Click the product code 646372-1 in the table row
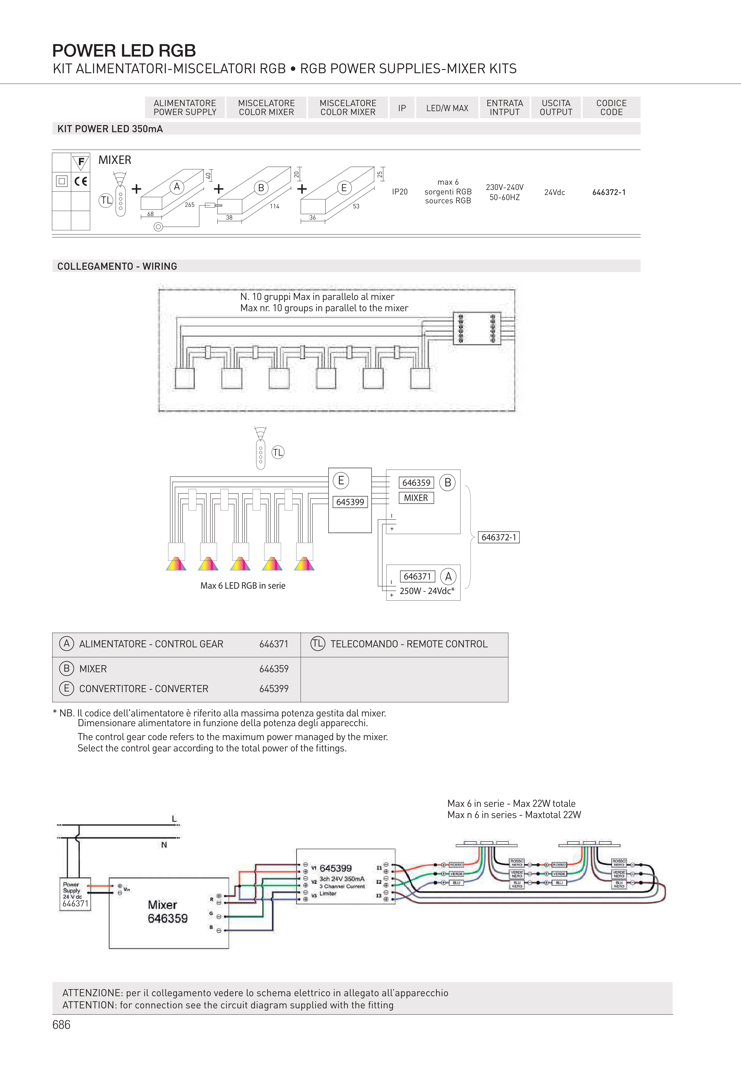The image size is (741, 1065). tap(609, 192)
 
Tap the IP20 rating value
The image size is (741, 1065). tap(399, 191)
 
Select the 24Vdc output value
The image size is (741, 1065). tap(554, 192)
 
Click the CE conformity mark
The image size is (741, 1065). tap(81, 181)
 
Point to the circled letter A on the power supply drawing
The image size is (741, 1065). tap(176, 187)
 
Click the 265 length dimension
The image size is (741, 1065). tap(189, 205)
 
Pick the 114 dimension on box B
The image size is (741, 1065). tap(274, 206)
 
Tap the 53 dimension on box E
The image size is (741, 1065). tap(356, 206)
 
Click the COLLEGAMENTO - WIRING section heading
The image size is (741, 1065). tap(117, 266)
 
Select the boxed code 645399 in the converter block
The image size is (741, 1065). tap(350, 502)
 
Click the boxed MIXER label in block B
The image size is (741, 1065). tap(416, 498)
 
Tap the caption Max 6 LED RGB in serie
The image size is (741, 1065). tap(243, 585)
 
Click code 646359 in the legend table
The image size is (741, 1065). tap(274, 669)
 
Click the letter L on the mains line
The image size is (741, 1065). tap(174, 819)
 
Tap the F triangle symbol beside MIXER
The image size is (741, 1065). tap(81, 162)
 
